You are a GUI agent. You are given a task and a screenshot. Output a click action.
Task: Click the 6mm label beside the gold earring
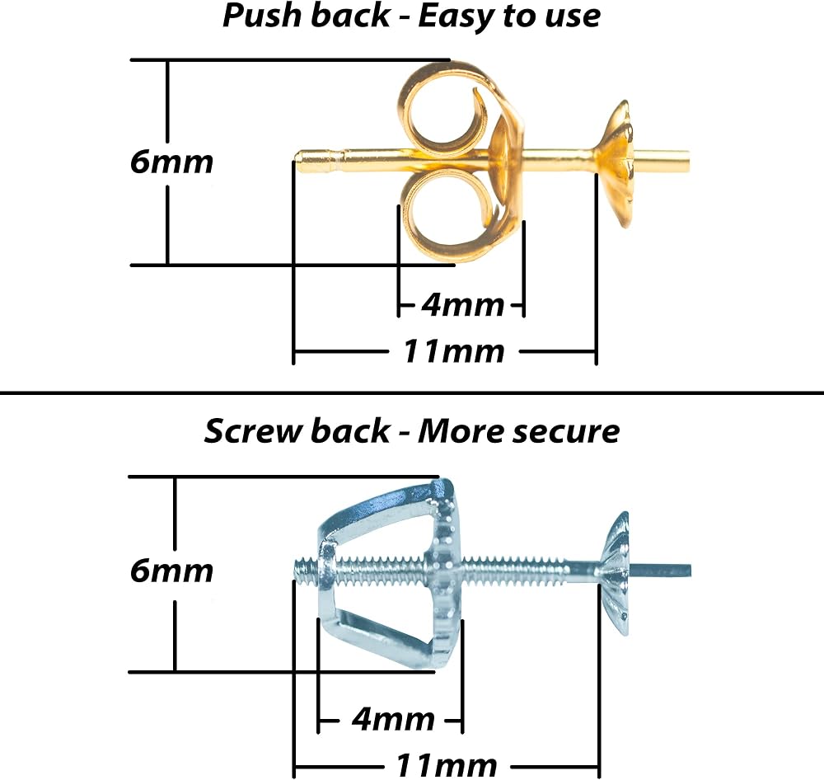(171, 162)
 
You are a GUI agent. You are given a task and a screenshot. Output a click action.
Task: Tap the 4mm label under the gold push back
(462, 305)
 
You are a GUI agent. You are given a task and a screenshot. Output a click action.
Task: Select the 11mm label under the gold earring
(453, 351)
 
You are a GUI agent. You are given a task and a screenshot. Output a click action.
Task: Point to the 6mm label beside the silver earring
(171, 571)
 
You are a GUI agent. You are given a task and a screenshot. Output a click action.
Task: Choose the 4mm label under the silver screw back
(393, 719)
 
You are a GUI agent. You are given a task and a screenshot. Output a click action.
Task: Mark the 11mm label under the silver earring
(446, 764)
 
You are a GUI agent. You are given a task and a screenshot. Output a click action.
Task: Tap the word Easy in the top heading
(456, 16)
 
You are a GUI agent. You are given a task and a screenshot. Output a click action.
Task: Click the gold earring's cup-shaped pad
(616, 164)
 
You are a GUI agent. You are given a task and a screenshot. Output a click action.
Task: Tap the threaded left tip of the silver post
(300, 569)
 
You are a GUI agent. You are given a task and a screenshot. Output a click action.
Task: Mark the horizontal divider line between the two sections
(412, 392)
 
